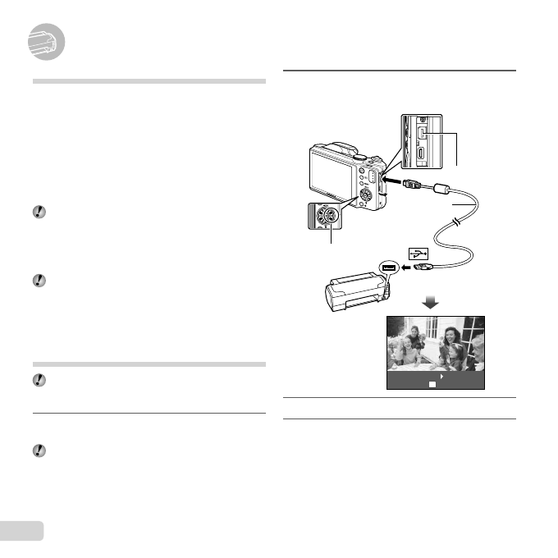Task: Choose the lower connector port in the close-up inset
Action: tap(419, 153)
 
